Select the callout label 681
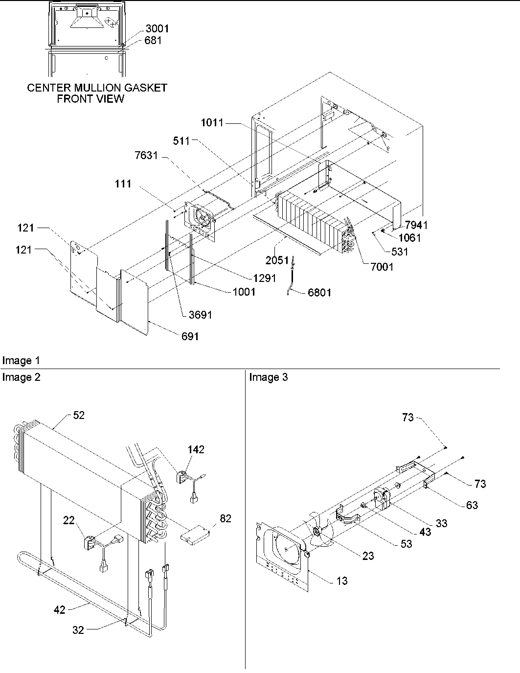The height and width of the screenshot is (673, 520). pyautogui.click(x=153, y=41)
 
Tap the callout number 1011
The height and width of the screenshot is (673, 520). pyautogui.click(x=212, y=123)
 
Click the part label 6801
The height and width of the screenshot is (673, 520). pyautogui.click(x=319, y=293)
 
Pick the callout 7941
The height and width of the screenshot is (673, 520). pyautogui.click(x=416, y=225)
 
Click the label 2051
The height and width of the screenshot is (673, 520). pyautogui.click(x=277, y=260)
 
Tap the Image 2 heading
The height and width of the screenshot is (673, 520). pyautogui.click(x=21, y=377)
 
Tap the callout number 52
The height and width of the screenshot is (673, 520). pyautogui.click(x=79, y=415)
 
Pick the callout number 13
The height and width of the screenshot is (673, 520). pyautogui.click(x=342, y=580)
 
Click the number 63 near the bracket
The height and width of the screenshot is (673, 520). pyautogui.click(x=472, y=505)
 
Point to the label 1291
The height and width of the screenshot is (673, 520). pyautogui.click(x=264, y=278)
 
